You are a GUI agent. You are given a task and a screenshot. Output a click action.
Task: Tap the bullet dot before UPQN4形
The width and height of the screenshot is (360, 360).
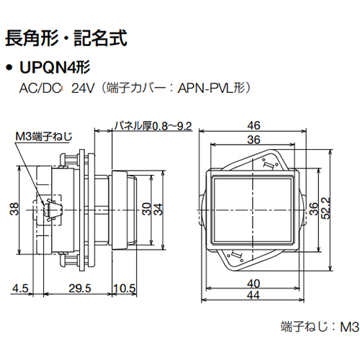9,69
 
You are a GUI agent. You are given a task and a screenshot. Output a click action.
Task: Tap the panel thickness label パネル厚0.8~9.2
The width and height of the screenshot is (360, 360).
153,127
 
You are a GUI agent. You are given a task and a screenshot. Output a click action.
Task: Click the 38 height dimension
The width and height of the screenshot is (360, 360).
15,209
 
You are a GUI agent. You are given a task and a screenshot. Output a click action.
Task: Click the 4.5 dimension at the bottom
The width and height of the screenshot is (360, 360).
19,288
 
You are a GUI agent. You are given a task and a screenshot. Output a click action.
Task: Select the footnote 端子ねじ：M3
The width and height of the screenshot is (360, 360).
317,326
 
